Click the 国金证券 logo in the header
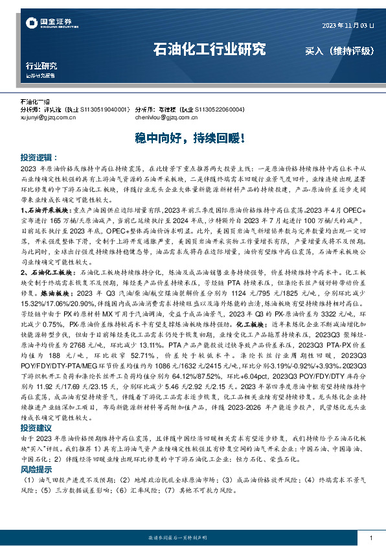pos(46,24)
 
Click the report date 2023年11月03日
pos(348,25)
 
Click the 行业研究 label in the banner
pos(41,66)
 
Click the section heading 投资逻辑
pos(36,158)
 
